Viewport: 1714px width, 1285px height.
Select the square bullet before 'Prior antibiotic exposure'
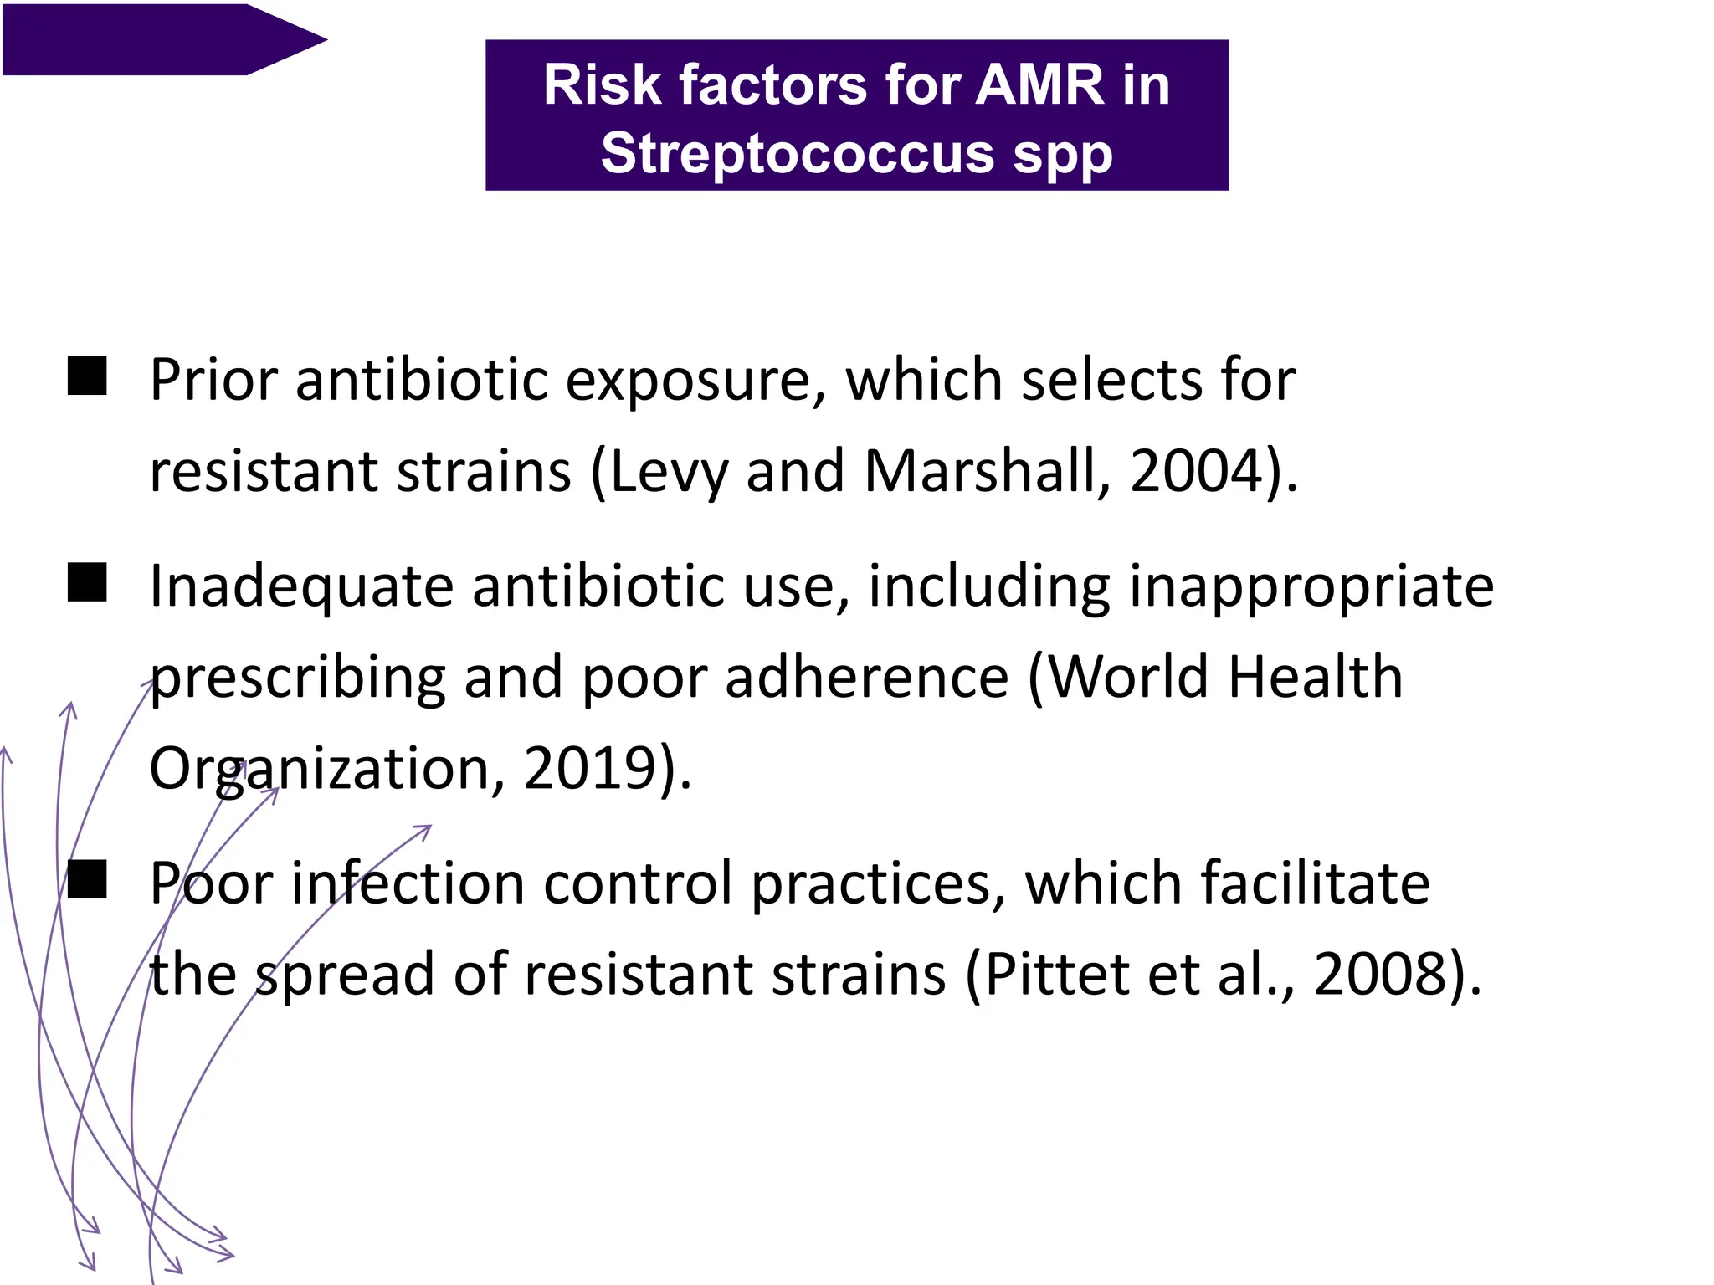click(x=87, y=376)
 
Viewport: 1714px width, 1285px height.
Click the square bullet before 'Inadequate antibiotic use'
click(x=87, y=582)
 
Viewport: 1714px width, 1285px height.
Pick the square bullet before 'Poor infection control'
click(x=87, y=879)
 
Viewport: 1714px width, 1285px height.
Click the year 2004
click(x=1196, y=471)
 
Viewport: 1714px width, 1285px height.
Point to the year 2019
click(x=589, y=768)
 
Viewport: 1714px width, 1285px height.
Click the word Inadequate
click(x=301, y=586)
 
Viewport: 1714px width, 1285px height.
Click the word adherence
click(x=866, y=677)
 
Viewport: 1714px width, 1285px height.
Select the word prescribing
click(x=297, y=678)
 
